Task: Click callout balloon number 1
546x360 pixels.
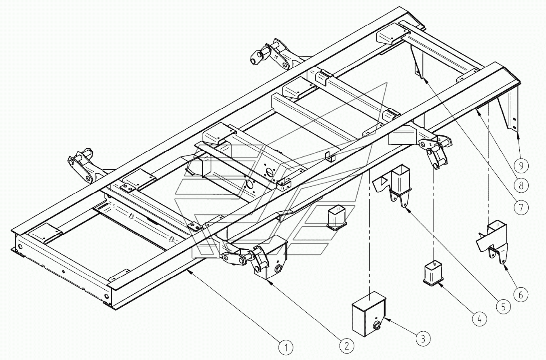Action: (x=286, y=347)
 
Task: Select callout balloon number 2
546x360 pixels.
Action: (x=346, y=345)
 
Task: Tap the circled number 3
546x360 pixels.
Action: (x=423, y=338)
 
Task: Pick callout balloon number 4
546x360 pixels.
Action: (x=479, y=319)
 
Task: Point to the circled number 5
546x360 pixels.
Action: (x=503, y=307)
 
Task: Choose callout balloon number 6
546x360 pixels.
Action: (x=521, y=295)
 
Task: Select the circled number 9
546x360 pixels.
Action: (x=521, y=165)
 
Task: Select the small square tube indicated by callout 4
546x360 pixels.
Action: (x=434, y=274)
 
